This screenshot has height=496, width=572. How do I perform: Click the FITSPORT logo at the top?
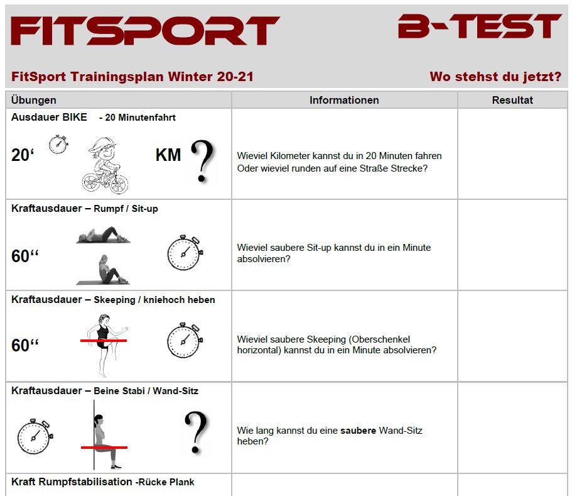coord(145,31)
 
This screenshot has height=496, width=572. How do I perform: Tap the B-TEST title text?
coord(479,26)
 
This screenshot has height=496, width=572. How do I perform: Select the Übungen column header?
coord(33,100)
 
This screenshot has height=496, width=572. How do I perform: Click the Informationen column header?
coord(344,100)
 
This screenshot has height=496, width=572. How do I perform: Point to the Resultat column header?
coord(512,100)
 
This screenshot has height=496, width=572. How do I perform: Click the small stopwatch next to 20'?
coord(58,144)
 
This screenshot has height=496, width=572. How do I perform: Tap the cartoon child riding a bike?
coord(105,165)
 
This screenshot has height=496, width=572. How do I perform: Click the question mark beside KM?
coord(202,161)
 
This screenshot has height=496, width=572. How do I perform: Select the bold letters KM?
coord(168,155)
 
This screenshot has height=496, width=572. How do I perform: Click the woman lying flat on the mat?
coord(103,235)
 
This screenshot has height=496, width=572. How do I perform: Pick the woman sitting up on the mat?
coord(103,270)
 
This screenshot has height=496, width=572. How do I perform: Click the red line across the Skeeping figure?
coord(104,341)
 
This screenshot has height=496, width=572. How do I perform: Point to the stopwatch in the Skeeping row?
coord(185,340)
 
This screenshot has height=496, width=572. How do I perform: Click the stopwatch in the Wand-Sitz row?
coord(35,436)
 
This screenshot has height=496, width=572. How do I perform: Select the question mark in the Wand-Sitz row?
coord(197,433)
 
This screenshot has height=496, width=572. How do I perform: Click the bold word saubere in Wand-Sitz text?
coord(358,431)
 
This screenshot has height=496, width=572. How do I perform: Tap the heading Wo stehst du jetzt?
coord(495,77)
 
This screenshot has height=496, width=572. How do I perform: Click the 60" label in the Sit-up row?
coord(25,256)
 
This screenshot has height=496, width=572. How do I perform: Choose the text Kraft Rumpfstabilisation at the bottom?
coord(72,482)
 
